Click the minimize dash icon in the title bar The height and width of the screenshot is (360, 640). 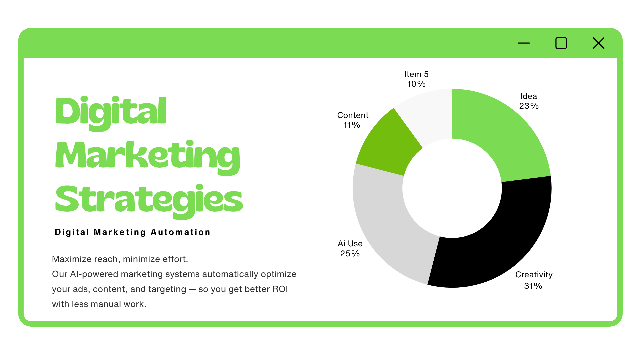(x=524, y=43)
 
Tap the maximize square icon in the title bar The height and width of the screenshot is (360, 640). (x=561, y=43)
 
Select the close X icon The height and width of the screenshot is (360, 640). (x=599, y=43)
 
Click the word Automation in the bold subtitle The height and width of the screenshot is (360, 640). (x=180, y=232)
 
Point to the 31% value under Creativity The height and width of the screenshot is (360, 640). (x=533, y=286)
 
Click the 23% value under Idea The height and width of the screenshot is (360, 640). (x=529, y=106)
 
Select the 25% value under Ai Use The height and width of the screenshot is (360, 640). (x=350, y=254)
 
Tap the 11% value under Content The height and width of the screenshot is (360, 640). (x=352, y=125)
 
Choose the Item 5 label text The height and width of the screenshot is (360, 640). (x=416, y=74)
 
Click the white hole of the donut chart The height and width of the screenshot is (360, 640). (x=452, y=188)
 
